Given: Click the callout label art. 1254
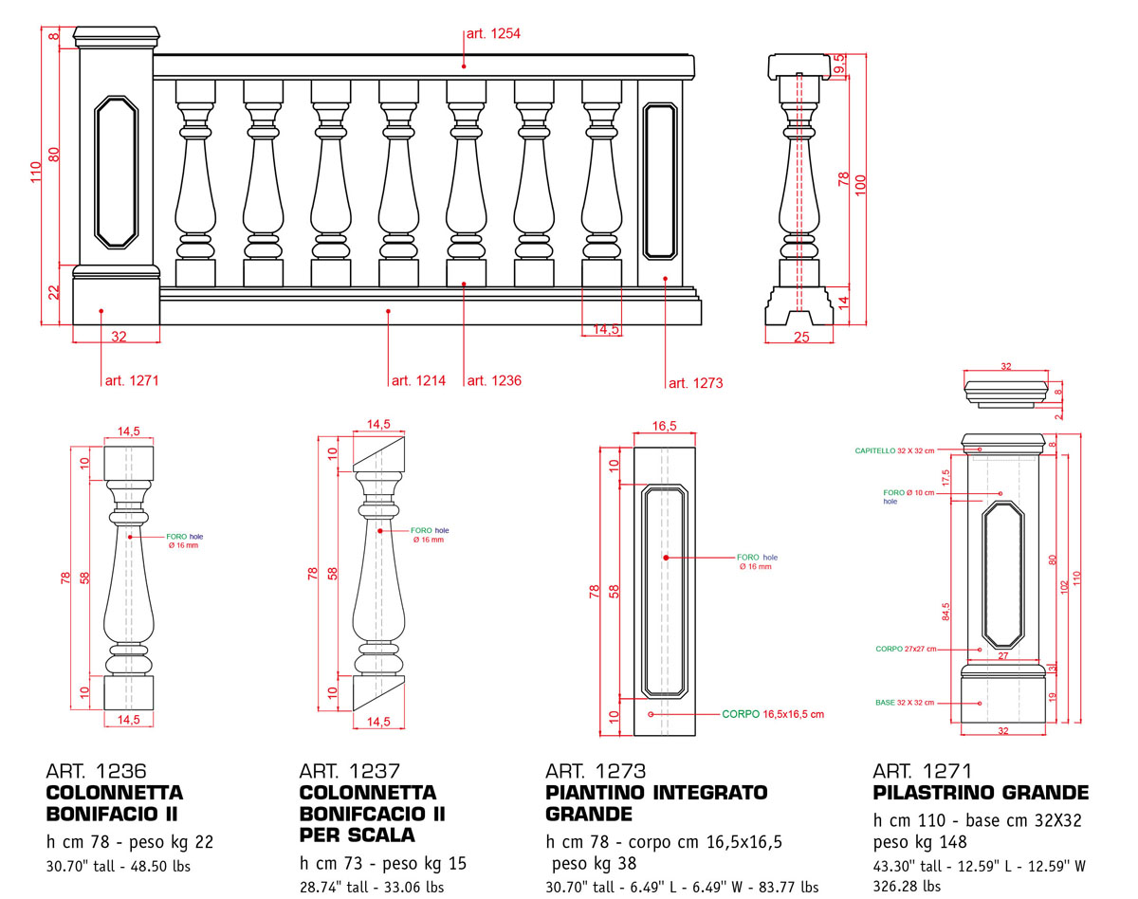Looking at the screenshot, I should click(x=492, y=34).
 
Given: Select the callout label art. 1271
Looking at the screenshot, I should click(x=131, y=381).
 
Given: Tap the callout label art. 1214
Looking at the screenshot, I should click(x=419, y=381).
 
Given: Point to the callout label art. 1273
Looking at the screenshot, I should click(x=695, y=383).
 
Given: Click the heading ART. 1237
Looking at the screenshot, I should click(x=349, y=772).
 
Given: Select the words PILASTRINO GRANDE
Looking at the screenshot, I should click(x=981, y=793).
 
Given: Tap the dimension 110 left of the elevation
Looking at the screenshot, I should click(x=35, y=171).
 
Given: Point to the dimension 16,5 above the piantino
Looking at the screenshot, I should click(x=666, y=427).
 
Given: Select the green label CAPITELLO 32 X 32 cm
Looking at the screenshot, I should click(x=894, y=450).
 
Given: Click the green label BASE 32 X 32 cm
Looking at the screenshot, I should click(x=904, y=703).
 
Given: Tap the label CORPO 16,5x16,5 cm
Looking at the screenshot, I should click(x=773, y=713).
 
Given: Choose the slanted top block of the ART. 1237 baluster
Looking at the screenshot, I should click(x=379, y=456).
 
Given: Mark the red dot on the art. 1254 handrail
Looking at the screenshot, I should click(x=464, y=65).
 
